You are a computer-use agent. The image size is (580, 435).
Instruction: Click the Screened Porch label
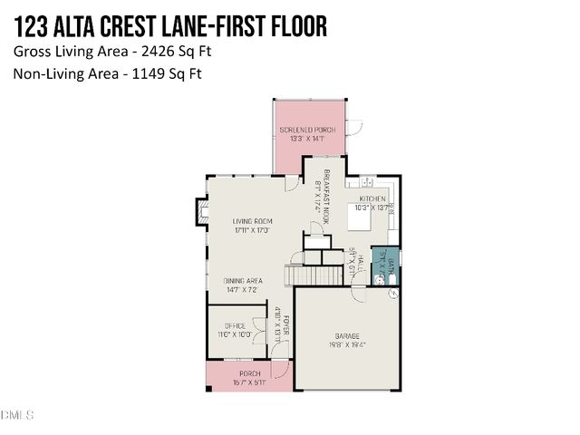coord(307,130)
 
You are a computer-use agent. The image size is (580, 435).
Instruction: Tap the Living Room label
coord(252,221)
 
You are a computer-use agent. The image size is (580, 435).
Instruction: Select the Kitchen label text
coord(372,198)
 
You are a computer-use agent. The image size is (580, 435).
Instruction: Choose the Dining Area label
coord(243,281)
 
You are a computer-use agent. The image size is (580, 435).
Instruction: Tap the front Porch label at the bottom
coord(249,373)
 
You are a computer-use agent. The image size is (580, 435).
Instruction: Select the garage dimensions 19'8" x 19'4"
coord(348,343)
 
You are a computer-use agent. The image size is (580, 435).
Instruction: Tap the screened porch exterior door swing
coord(355,127)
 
